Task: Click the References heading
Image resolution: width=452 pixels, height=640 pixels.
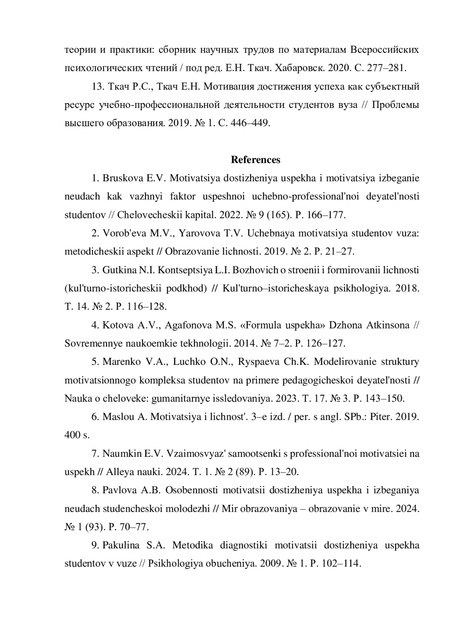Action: click(255, 160)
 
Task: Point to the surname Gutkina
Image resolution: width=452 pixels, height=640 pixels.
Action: click(119, 270)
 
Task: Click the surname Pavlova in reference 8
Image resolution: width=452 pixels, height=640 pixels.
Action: click(119, 490)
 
